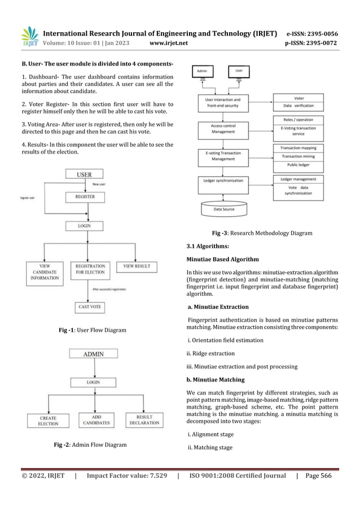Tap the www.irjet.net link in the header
pyautogui.click(x=170, y=42)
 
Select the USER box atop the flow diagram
pyautogui.click(x=84, y=174)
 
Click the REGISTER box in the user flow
pyautogui.click(x=85, y=197)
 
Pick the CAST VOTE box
pyautogui.click(x=89, y=307)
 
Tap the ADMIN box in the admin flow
pyautogui.click(x=93, y=354)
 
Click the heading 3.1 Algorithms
pyautogui.click(x=208, y=246)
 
